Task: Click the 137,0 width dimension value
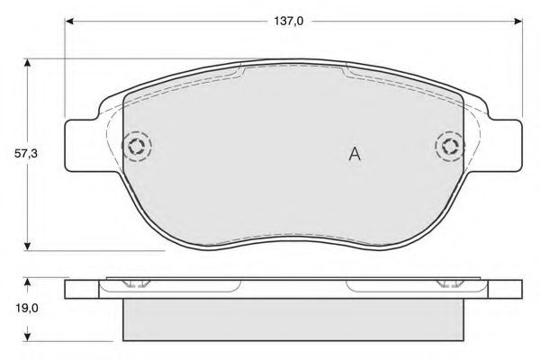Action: click(x=289, y=22)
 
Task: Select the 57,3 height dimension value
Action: click(x=26, y=154)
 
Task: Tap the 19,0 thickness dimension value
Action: click(x=26, y=309)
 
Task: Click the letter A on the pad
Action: click(x=355, y=154)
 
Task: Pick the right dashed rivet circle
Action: click(x=450, y=132)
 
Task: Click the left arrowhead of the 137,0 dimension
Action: click(x=69, y=22)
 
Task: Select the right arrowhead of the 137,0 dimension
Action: click(x=518, y=22)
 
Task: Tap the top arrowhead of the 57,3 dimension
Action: click(x=28, y=63)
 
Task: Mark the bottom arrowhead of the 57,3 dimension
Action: click(x=28, y=247)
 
